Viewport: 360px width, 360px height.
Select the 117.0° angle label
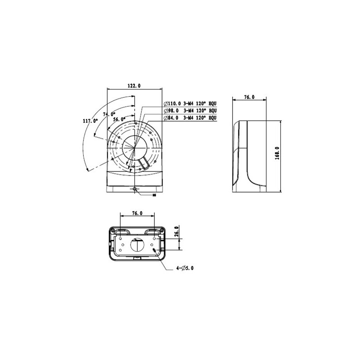90,121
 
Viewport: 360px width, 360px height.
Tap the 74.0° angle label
109,114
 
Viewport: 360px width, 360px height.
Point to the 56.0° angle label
119,120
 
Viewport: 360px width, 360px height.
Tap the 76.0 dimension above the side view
249,97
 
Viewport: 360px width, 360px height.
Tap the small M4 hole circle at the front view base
135,189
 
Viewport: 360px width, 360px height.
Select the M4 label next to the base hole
154,196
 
